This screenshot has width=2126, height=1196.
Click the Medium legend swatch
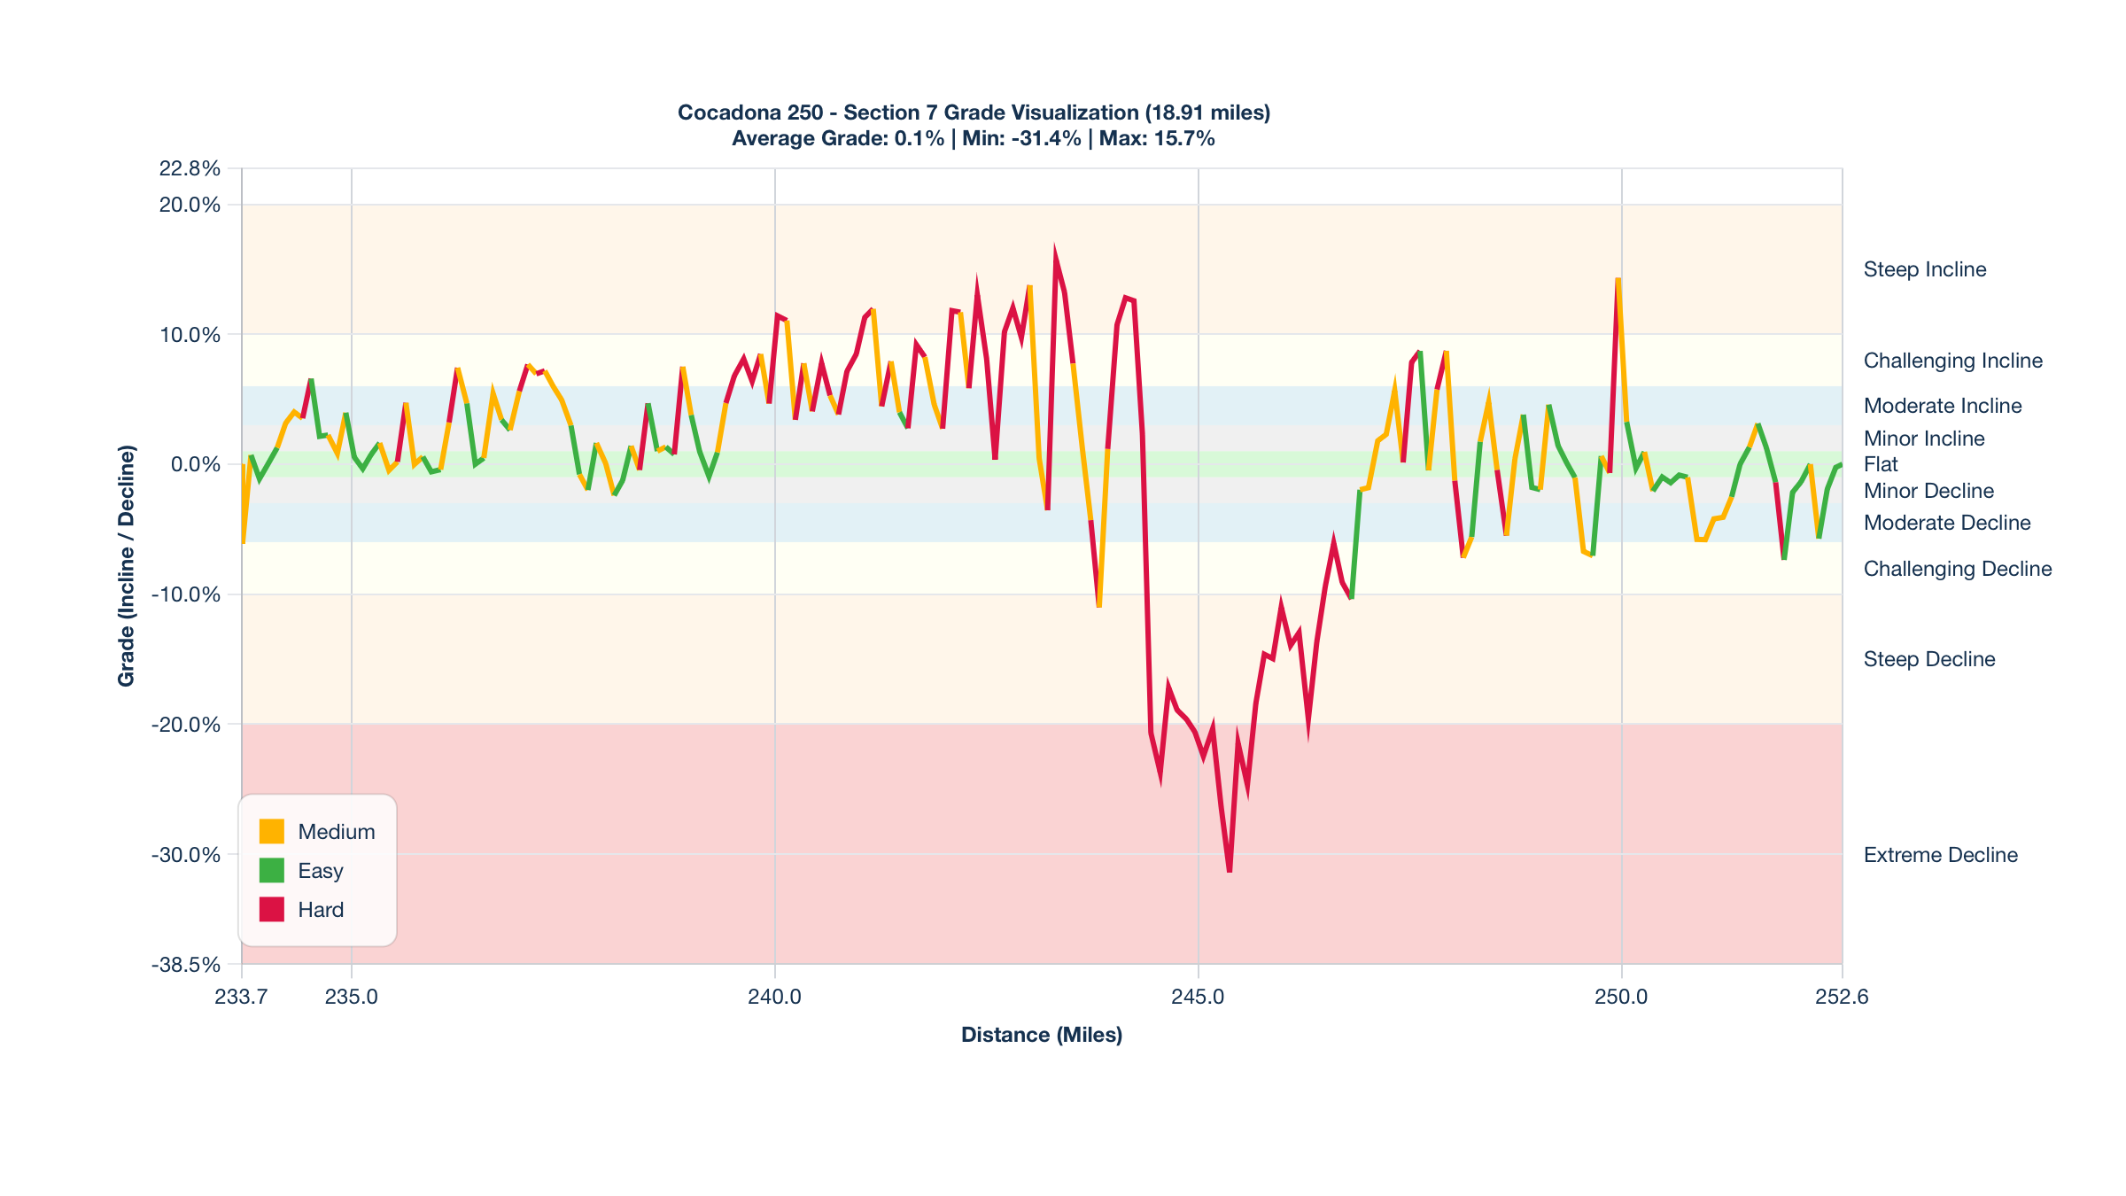tap(271, 831)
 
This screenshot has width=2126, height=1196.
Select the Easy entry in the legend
tap(320, 871)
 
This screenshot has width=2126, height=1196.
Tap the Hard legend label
tap(321, 910)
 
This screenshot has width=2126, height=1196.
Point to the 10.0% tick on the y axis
tap(190, 335)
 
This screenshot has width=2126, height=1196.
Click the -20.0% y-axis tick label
tap(186, 725)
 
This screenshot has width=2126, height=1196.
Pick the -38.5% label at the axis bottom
tap(186, 965)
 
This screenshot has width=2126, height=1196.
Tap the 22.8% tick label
tap(190, 168)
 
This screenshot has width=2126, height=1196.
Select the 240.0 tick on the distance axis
tap(774, 997)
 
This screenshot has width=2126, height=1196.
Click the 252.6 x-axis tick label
tap(1842, 997)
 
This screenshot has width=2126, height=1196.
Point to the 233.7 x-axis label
tap(241, 997)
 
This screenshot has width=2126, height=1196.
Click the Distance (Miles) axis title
tap(1042, 1035)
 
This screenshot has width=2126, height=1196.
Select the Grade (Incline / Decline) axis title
tap(127, 565)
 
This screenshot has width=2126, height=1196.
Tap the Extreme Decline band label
tap(1940, 855)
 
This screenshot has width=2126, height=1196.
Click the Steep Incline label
tap(1924, 269)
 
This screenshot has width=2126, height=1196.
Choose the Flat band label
tap(1881, 464)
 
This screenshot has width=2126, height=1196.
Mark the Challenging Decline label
tap(1957, 569)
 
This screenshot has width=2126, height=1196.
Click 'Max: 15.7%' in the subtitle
tap(1157, 138)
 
